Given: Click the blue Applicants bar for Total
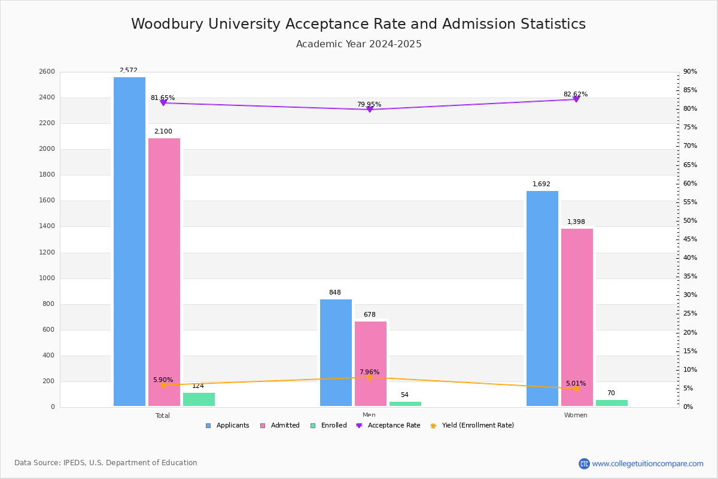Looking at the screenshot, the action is coord(129,241).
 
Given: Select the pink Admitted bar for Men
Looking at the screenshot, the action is coord(370,364).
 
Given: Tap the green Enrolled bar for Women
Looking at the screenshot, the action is coord(611,403).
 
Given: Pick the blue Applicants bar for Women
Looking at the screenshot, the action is coord(542,299).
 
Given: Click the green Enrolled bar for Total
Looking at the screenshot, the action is coord(199,399).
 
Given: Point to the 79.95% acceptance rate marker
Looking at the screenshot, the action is coord(370,110).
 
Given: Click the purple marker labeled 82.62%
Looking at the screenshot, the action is coord(576,99).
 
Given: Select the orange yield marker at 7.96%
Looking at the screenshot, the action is coord(370,378).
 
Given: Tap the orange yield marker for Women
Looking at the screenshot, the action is coord(576,389).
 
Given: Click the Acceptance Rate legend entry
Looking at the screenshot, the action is coord(388,426).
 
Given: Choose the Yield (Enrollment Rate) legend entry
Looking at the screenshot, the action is coord(472,426).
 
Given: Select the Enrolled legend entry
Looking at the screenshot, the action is coord(328,426).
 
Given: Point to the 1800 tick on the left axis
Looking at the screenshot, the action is coord(47,174).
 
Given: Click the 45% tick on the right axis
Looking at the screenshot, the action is coord(690,239).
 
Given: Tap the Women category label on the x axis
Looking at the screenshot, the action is coord(576,415).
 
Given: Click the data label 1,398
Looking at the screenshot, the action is coord(576,222).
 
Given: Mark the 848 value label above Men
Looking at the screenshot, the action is coord(335,292).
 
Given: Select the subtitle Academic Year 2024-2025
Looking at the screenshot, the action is coord(358,44).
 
